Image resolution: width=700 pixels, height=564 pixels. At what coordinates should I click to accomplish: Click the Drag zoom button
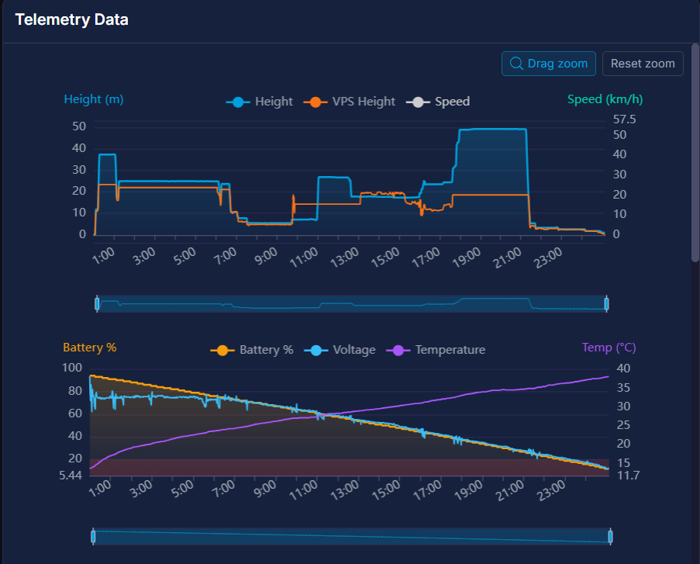pyautogui.click(x=549, y=64)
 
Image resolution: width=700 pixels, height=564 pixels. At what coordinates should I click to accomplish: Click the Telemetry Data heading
pyautogui.click(x=71, y=20)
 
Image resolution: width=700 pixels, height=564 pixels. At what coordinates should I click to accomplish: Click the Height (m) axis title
pyautogui.click(x=93, y=99)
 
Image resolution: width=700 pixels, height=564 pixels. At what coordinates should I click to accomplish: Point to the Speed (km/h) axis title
pyautogui.click(x=605, y=99)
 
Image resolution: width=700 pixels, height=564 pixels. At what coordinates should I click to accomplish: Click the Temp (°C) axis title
pyautogui.click(x=609, y=348)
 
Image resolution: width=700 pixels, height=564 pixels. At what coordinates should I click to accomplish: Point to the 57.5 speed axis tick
pyautogui.click(x=623, y=119)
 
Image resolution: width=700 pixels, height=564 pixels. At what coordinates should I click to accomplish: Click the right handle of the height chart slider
pyautogui.click(x=607, y=303)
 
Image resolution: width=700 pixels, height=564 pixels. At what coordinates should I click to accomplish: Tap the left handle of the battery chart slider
pyautogui.click(x=93, y=536)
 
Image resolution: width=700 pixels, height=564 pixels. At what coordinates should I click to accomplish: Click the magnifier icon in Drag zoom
pyautogui.click(x=516, y=64)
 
